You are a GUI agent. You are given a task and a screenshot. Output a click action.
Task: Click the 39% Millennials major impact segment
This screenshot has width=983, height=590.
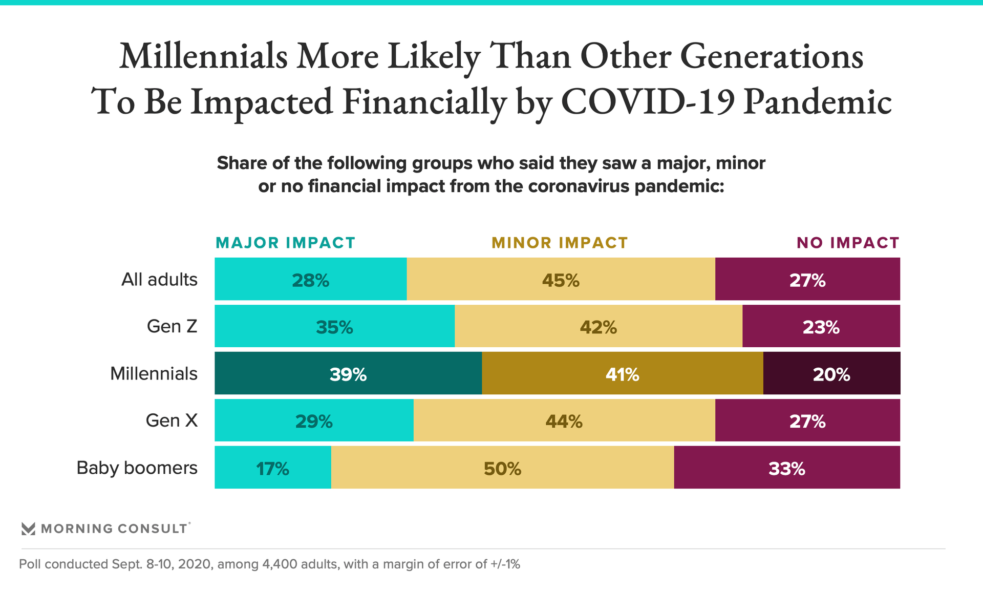click(x=348, y=373)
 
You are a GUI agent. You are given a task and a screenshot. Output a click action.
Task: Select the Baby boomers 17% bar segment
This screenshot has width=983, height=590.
click(x=273, y=468)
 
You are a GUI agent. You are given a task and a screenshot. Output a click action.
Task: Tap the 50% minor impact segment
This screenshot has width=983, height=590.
click(x=502, y=468)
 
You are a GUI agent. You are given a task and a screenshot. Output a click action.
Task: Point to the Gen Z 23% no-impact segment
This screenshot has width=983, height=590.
click(x=821, y=326)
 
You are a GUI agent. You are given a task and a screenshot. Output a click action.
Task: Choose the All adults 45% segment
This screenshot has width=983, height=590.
click(x=561, y=279)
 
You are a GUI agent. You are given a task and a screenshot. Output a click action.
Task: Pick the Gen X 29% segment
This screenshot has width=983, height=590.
click(x=314, y=420)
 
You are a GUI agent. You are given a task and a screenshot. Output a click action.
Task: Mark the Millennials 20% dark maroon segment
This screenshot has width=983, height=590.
click(x=831, y=373)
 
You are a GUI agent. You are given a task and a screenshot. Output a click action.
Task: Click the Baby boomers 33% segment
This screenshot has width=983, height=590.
click(x=787, y=468)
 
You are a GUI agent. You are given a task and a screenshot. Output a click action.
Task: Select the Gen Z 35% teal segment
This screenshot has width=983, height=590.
click(x=334, y=326)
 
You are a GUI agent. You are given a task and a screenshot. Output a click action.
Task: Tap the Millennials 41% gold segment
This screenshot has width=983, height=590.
click(x=622, y=373)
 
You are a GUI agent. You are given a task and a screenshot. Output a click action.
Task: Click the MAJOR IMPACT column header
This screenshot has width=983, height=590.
click(x=285, y=243)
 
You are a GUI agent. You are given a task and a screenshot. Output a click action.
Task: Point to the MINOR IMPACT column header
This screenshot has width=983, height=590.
click(x=560, y=243)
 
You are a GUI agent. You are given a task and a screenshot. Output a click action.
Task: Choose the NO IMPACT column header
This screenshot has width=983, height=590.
click(x=848, y=243)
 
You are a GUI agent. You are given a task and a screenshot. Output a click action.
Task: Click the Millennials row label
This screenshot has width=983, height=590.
click(x=154, y=373)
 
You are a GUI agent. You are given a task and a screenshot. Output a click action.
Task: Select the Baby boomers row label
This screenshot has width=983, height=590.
click(x=137, y=468)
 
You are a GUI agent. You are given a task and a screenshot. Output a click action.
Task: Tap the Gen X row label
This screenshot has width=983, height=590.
click(x=172, y=420)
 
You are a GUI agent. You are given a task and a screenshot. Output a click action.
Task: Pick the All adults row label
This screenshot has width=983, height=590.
click(x=159, y=280)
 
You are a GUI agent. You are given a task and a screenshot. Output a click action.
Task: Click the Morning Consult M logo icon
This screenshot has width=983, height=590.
click(x=28, y=529)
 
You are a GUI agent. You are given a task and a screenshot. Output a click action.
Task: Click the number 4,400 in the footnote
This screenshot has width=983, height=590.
click(x=280, y=564)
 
